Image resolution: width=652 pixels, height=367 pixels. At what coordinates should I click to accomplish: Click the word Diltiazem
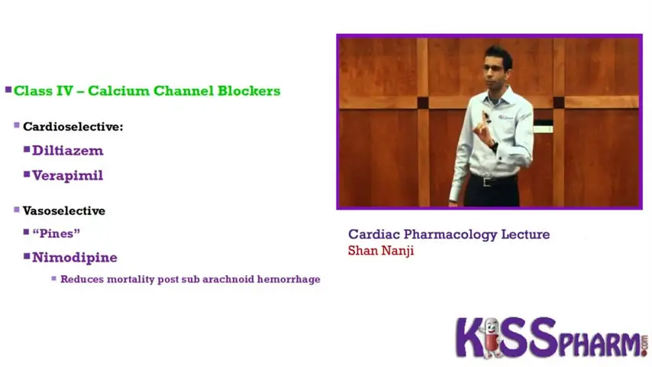(67, 151)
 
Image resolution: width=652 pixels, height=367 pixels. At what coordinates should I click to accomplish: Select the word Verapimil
(67, 175)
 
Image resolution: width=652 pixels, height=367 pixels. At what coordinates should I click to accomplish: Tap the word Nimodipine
(75, 258)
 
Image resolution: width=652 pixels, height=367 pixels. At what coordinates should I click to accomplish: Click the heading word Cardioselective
(72, 127)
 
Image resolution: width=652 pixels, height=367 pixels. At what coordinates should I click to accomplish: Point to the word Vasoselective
(64, 211)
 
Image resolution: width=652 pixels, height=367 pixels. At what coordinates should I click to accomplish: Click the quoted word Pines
(56, 233)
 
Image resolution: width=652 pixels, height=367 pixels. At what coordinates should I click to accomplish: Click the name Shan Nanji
(381, 251)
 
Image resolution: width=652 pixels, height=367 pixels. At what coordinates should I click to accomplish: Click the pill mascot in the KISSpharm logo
(491, 337)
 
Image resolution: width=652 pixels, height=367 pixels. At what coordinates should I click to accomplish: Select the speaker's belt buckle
(487, 182)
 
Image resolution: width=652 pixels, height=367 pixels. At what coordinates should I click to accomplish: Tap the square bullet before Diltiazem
(27, 149)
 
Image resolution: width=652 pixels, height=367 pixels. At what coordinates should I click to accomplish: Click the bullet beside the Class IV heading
(8, 89)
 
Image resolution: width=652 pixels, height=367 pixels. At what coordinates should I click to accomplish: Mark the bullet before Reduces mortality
(54, 278)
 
